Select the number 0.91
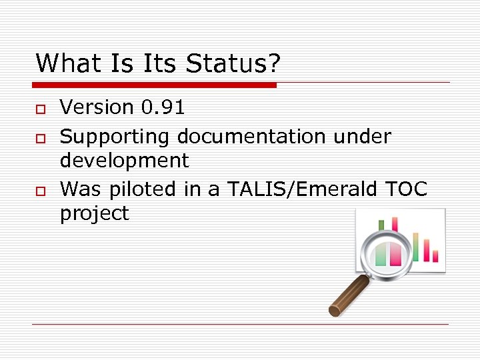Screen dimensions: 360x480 [x=163, y=107]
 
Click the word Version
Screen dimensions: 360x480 [x=97, y=107]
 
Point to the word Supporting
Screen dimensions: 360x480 [x=115, y=137]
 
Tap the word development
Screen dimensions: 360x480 [x=124, y=161]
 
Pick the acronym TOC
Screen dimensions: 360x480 [x=406, y=189]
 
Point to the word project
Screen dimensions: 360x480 [x=94, y=213]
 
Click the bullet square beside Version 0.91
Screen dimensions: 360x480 [x=40, y=109]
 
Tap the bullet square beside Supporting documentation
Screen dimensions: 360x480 [x=40, y=138]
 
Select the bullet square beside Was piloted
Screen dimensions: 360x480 [x=40, y=191]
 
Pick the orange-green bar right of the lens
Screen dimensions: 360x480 [x=416, y=245]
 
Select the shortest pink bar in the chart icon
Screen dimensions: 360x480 [x=435, y=256]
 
